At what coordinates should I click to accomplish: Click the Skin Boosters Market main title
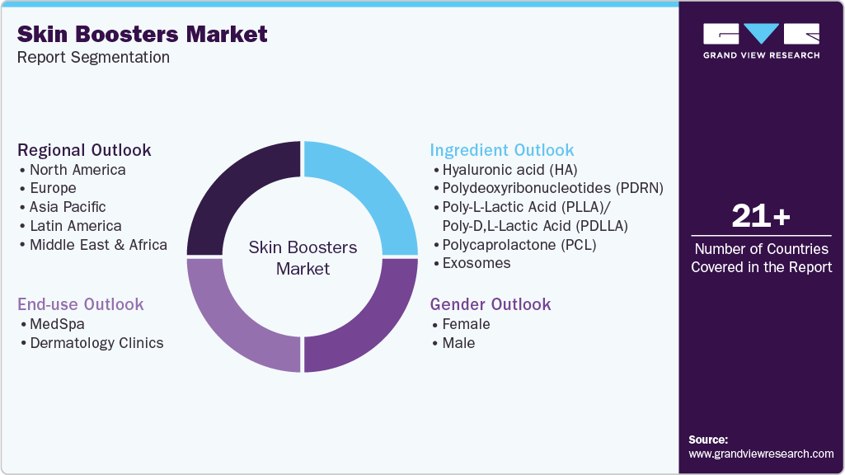click(x=142, y=34)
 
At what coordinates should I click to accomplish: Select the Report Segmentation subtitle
click(x=92, y=58)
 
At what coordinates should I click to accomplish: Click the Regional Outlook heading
click(x=84, y=150)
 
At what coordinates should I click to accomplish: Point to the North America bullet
click(x=77, y=170)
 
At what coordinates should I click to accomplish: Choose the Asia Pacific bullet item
click(x=68, y=207)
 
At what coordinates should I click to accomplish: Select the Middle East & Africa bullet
click(x=98, y=245)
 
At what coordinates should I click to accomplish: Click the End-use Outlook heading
click(x=81, y=304)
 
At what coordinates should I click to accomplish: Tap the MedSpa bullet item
click(x=57, y=324)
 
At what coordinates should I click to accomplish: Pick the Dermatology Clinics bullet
click(x=96, y=343)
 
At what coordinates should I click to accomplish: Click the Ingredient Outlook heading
click(x=501, y=150)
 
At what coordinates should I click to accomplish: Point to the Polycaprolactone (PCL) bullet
click(x=519, y=245)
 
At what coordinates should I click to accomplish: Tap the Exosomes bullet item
click(x=476, y=263)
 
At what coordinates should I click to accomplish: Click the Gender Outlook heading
click(x=490, y=304)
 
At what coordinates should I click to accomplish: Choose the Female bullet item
click(x=466, y=324)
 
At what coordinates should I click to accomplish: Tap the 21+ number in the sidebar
click(x=761, y=217)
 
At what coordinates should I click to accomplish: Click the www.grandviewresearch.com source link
click(x=761, y=454)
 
